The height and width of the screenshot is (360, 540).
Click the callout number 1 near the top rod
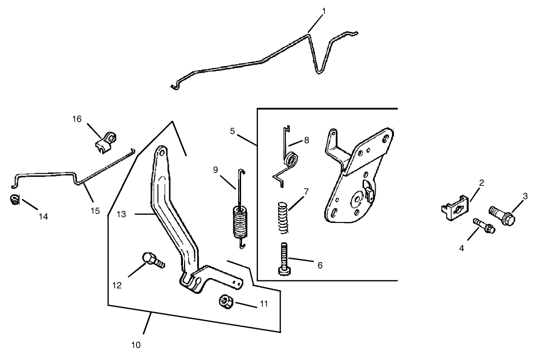pos(324,11)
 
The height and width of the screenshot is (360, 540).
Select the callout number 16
pos(77,119)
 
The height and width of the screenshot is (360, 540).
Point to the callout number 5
pos(232,131)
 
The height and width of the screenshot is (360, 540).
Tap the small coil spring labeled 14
pos(15,199)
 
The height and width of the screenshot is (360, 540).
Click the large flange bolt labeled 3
pos(502,215)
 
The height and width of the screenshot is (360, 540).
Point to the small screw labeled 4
pos(483,224)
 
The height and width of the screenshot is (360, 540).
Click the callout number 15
pos(95,210)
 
